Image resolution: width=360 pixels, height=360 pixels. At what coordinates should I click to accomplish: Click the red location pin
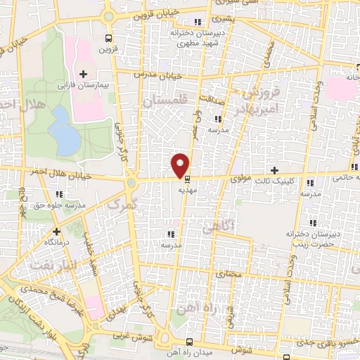pyautogui.click(x=180, y=165)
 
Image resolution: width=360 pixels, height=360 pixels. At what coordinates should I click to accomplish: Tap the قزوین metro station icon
pyautogui.click(x=108, y=39)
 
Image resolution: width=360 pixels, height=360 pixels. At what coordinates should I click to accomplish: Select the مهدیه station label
pyautogui.click(x=186, y=189)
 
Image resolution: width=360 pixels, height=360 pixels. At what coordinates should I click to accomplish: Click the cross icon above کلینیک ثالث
pyautogui.click(x=274, y=171)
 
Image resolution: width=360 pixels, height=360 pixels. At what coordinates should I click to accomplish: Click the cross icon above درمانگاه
pyautogui.click(x=56, y=230)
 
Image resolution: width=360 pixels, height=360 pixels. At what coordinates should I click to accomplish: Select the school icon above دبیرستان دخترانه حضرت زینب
pyautogui.click(x=309, y=221)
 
